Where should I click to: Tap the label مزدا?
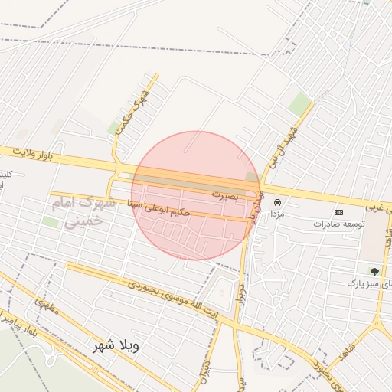click(x=276, y=215)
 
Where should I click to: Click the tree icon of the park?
click(x=374, y=271)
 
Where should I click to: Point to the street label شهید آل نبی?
click(x=280, y=141)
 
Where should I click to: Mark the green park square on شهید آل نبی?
click(x=300, y=104)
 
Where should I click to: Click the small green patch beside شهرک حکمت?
click(x=115, y=126)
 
